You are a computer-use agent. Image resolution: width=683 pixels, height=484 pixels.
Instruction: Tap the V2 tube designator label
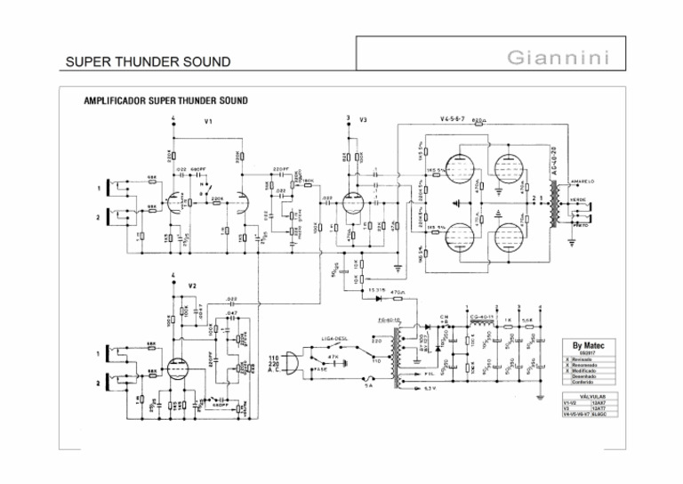pos(192,285)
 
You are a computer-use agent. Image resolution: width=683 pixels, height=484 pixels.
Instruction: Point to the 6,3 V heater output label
pos(428,389)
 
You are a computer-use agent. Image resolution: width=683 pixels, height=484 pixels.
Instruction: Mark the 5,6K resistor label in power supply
pos(526,319)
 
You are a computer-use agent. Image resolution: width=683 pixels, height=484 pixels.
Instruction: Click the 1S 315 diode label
pos(374,291)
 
